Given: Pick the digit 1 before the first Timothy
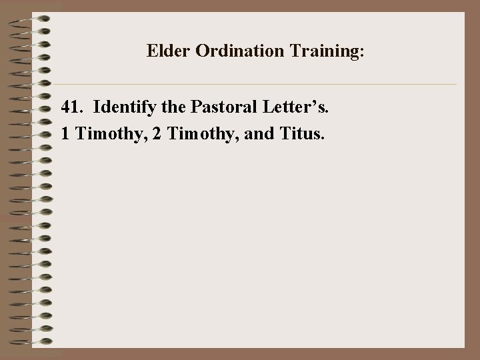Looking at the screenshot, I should tap(65, 134).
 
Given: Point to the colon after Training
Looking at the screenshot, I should tap(362, 53).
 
